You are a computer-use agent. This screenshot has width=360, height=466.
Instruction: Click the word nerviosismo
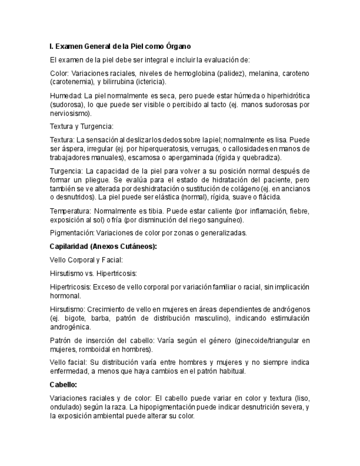[69, 113]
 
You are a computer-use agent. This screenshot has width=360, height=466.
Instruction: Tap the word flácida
[268, 197]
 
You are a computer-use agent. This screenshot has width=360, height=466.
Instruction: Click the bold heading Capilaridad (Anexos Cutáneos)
[103, 246]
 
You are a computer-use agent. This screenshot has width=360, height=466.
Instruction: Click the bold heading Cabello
[63, 385]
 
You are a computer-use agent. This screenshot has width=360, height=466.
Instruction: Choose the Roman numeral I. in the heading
[51, 47]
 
